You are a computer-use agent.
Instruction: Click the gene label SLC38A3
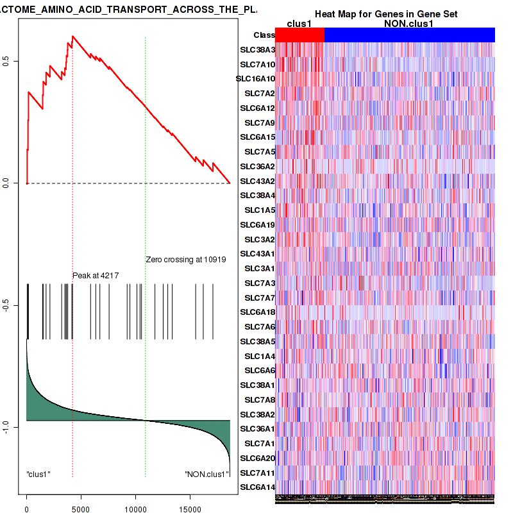coord(257,50)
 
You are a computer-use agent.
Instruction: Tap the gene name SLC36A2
coord(257,166)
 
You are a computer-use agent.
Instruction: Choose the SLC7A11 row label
coord(257,473)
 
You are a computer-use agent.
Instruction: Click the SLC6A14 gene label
coord(257,487)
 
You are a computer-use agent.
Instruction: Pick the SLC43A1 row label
coord(257,253)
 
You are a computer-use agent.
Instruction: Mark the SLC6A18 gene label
coord(257,312)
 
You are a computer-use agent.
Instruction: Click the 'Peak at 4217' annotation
coord(96,275)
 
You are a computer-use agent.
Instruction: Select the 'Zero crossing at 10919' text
coord(185,260)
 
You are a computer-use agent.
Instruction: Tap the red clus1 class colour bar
coord(299,35)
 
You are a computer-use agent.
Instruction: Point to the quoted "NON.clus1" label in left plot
coord(206,475)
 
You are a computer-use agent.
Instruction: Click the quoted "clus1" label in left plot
coord(38,475)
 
